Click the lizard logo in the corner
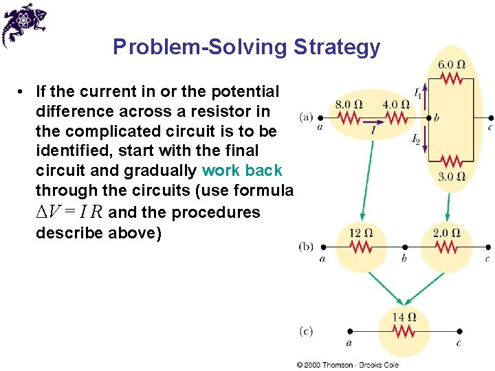pyautogui.click(x=24, y=24)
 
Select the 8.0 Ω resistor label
pyautogui.click(x=349, y=104)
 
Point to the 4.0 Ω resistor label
pyautogui.click(x=395, y=104)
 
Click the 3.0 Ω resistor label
pyautogui.click(x=451, y=177)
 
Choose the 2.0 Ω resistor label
pyautogui.click(x=446, y=233)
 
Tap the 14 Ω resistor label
pyautogui.click(x=404, y=317)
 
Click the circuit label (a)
pyautogui.click(x=307, y=117)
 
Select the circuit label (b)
pyautogui.click(x=307, y=245)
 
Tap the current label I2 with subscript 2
pyautogui.click(x=417, y=141)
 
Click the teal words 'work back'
pyautogui.click(x=242, y=170)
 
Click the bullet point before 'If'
pyautogui.click(x=23, y=92)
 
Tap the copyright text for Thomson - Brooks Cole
pyautogui.click(x=347, y=364)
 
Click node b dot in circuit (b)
pyautogui.click(x=404, y=247)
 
